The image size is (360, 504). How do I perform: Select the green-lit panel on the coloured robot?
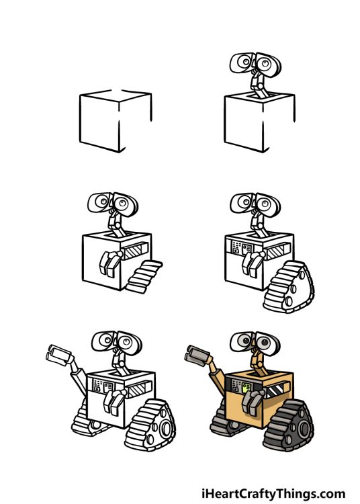coord(246,388)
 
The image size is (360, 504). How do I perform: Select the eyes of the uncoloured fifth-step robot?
coord(112,342)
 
